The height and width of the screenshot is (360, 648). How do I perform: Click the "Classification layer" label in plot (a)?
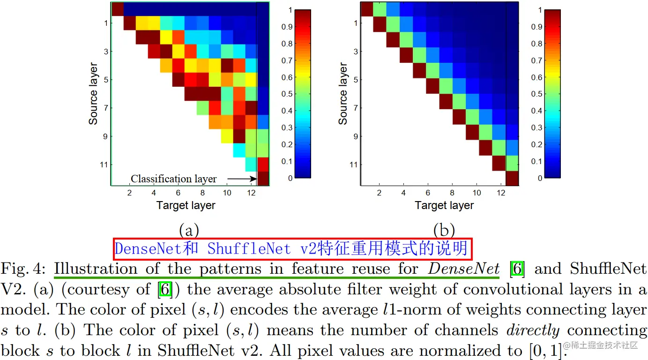pyautogui.click(x=173, y=179)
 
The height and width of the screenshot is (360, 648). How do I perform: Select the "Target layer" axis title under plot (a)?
pyautogui.click(x=186, y=205)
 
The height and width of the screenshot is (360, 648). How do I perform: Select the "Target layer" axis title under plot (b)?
pyautogui.click(x=444, y=205)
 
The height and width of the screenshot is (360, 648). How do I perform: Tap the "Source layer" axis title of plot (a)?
pyautogui.click(x=93, y=93)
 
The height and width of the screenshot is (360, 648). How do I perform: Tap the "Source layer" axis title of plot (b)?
pyautogui.click(x=343, y=93)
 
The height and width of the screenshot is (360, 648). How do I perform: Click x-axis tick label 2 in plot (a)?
pyautogui.click(x=129, y=193)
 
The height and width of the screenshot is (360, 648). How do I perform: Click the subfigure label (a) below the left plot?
pyautogui.click(x=189, y=230)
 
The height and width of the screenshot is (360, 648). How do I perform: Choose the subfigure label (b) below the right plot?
pyautogui.click(x=444, y=230)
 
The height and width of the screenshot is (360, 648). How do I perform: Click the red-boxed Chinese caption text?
pyautogui.click(x=292, y=248)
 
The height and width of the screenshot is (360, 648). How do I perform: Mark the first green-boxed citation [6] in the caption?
pyautogui.click(x=517, y=269)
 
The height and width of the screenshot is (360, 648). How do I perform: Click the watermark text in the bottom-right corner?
pyautogui.click(x=601, y=346)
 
